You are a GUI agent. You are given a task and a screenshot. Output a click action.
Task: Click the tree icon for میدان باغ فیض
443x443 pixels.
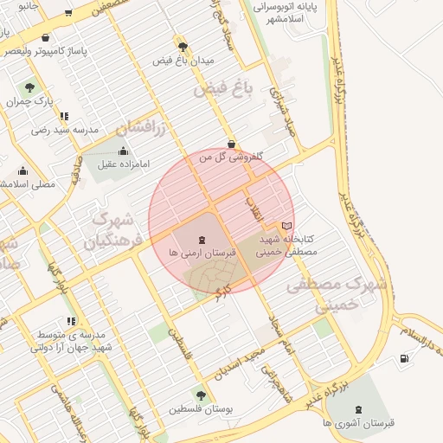pyautogui.click(x=182, y=46)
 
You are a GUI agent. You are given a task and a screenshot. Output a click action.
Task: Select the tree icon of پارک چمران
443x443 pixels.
pyautogui.click(x=30, y=87)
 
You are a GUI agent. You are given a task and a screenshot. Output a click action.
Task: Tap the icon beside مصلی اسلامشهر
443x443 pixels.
pyautogui.click(x=22, y=170)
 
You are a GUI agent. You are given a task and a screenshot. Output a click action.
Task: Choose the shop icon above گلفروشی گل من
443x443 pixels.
pyautogui.click(x=231, y=144)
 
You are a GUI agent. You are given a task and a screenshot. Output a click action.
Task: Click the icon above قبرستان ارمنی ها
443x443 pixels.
pyautogui.click(x=202, y=239)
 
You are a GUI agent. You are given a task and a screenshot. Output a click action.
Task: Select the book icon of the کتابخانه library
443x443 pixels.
pyautogui.click(x=287, y=226)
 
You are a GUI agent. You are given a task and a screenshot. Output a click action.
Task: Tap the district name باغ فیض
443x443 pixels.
pyautogui.click(x=216, y=88)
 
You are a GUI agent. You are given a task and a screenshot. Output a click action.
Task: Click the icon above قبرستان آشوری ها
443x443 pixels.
pyautogui.click(x=358, y=409)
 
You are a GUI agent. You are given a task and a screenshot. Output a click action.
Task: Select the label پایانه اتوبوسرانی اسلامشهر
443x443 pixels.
pyautogui.click(x=286, y=13)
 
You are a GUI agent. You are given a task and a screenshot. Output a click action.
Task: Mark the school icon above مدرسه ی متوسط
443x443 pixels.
pyautogui.click(x=70, y=321)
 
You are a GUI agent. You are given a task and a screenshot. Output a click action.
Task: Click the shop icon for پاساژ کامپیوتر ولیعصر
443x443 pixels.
pyautogui.click(x=45, y=38)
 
